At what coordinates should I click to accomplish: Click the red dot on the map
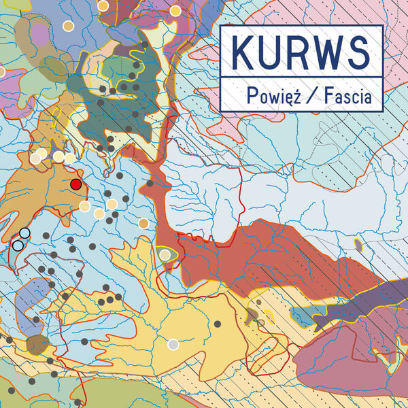(x=76, y=184)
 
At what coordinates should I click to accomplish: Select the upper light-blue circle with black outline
(x=25, y=233)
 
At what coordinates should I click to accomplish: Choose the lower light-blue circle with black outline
(x=18, y=245)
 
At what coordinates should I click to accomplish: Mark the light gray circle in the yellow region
(x=173, y=344)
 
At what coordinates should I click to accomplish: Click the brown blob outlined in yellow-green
(x=37, y=343)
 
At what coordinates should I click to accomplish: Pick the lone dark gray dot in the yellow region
(x=218, y=324)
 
